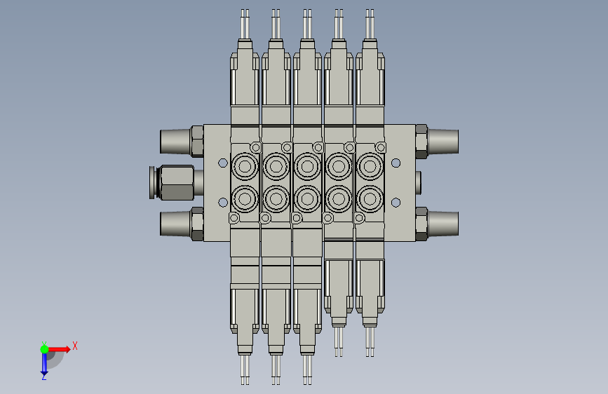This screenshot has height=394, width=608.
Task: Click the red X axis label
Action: point(75,346)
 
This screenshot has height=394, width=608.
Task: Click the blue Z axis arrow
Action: point(44,364)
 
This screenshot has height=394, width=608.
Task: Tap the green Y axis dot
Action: point(45,349)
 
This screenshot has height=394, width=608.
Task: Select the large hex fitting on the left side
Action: point(177,183)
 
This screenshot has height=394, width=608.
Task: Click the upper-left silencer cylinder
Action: point(175,141)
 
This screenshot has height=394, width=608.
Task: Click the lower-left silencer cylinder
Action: point(175,224)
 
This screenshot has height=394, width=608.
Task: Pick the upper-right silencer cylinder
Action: point(443,141)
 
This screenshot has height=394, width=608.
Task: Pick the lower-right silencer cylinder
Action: point(443,224)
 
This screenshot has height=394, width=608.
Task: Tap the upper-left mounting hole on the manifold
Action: point(223,163)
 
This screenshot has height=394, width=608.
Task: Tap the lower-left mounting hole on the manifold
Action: point(223,203)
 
